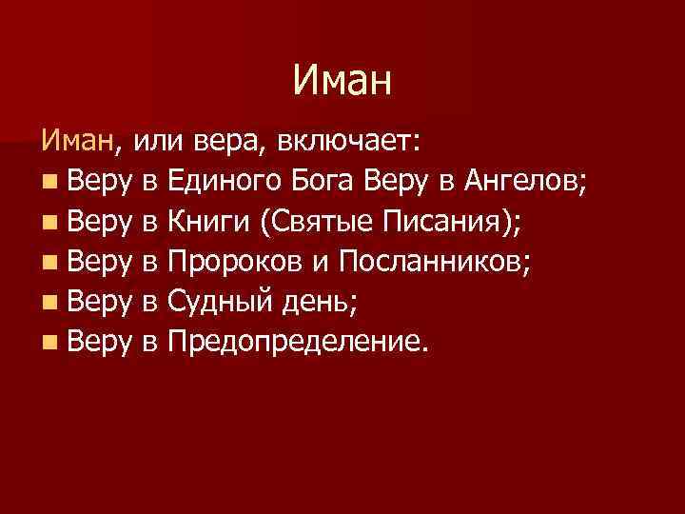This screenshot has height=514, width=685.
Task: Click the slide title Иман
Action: pos(342,79)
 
